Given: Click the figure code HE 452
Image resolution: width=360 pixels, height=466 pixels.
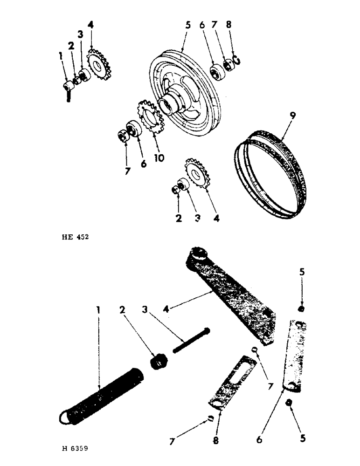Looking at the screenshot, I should pyautogui.click(x=74, y=237).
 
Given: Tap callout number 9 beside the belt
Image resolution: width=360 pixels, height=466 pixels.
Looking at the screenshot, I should pyautogui.click(x=292, y=113).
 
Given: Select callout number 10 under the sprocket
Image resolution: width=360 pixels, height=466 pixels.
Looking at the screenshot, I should pyautogui.click(x=159, y=158).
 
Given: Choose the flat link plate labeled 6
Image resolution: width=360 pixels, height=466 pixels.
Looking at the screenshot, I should pyautogui.click(x=296, y=354).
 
